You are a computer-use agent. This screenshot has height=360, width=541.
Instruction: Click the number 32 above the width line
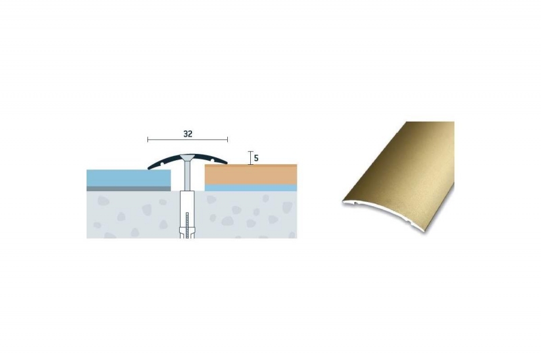coord(188,134)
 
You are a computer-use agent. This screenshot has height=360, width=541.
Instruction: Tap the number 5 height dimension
coord(256,158)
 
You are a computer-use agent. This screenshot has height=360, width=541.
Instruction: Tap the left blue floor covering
coord(128,178)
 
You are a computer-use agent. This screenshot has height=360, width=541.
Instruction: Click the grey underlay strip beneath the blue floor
coord(128,188)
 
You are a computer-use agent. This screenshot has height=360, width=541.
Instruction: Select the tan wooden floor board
coord(251,174)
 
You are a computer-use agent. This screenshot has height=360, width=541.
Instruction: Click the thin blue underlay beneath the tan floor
coord(251,188)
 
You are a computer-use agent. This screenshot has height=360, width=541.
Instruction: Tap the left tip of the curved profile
coord(149,168)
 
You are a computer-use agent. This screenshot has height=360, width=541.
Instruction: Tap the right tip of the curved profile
coord(226,162)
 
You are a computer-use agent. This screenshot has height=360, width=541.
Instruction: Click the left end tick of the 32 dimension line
coord(147,140)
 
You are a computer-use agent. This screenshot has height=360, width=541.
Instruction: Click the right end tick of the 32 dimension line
coord(227,140)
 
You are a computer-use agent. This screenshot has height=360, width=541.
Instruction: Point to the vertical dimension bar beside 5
coord(250,158)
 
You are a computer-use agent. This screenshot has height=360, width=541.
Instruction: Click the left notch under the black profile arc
coord(160,164)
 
